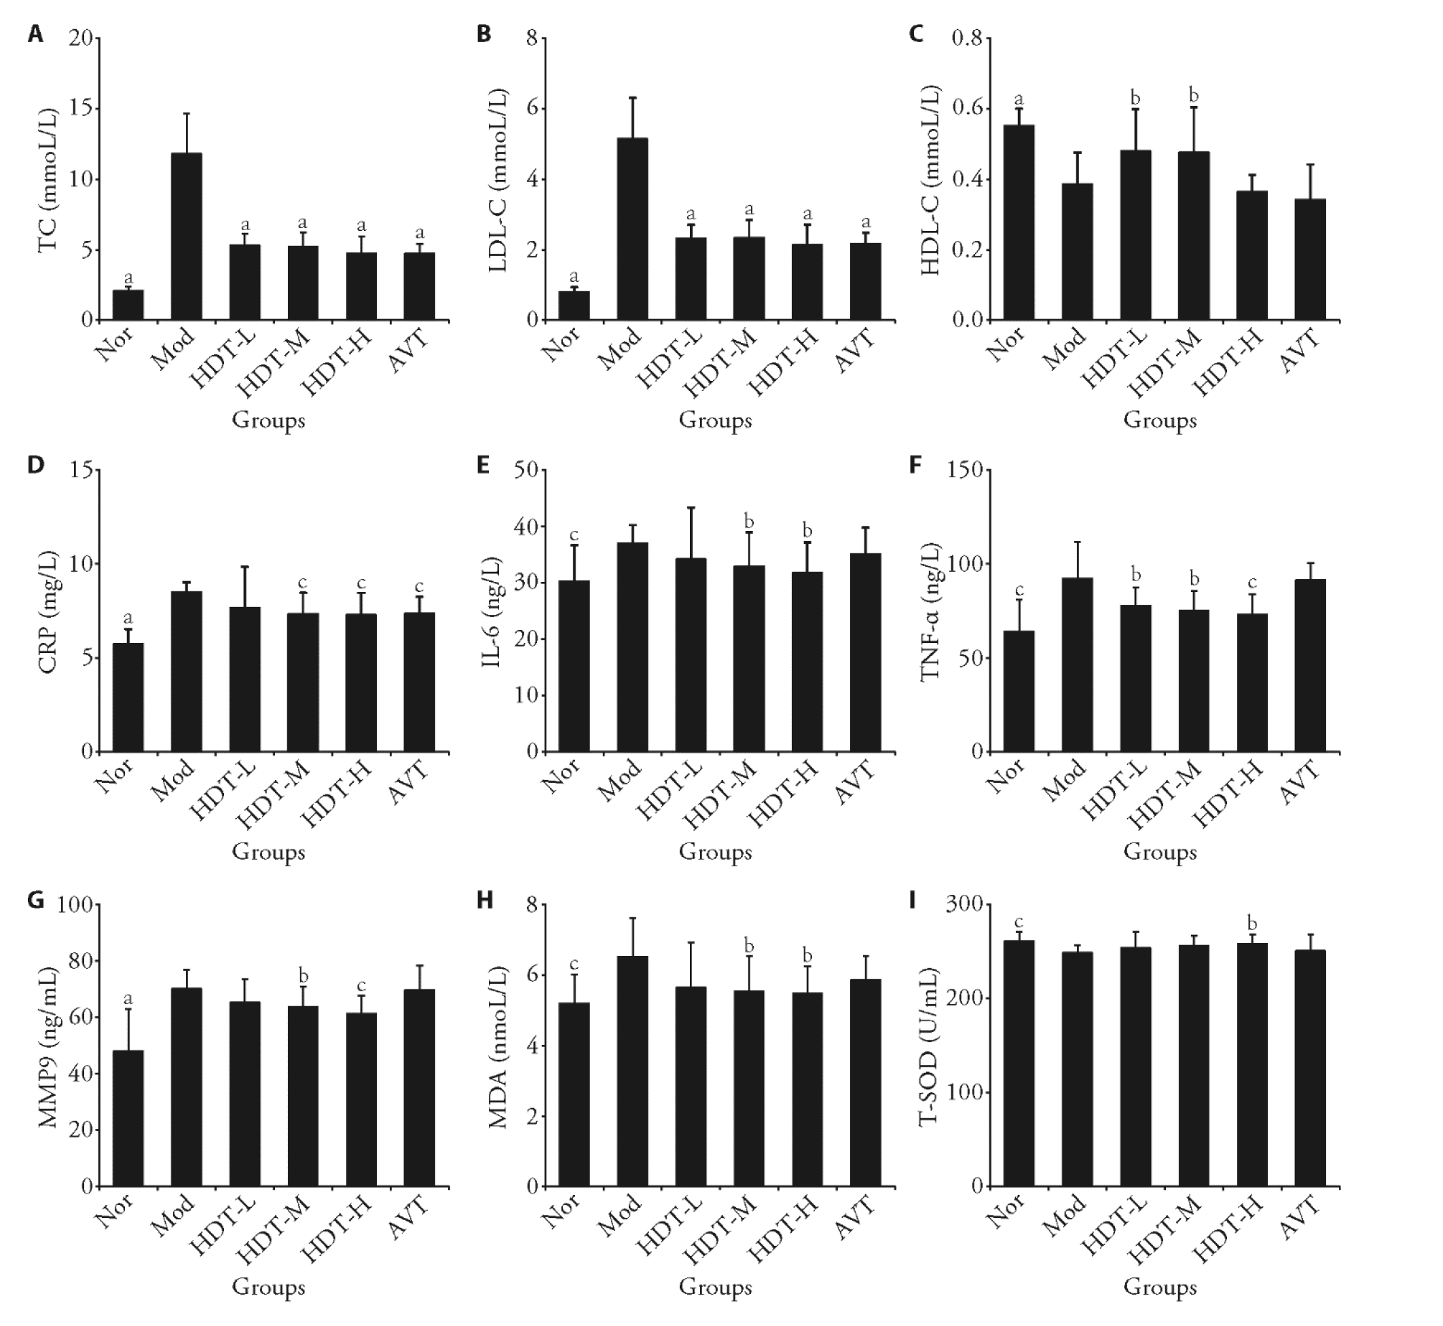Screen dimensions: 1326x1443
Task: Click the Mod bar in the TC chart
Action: [187, 237]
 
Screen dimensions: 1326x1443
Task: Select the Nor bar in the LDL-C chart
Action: [574, 306]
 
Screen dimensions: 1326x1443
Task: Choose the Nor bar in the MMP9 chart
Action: [128, 1119]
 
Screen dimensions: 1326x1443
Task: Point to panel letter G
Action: [36, 900]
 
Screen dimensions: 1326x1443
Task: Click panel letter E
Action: [483, 465]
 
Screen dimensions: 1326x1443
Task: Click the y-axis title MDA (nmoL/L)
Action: [498, 1048]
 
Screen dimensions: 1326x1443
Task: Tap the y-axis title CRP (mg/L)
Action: [49, 611]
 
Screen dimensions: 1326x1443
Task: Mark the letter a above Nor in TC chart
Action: [128, 278]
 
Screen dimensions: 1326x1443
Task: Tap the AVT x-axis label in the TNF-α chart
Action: [1300, 785]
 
